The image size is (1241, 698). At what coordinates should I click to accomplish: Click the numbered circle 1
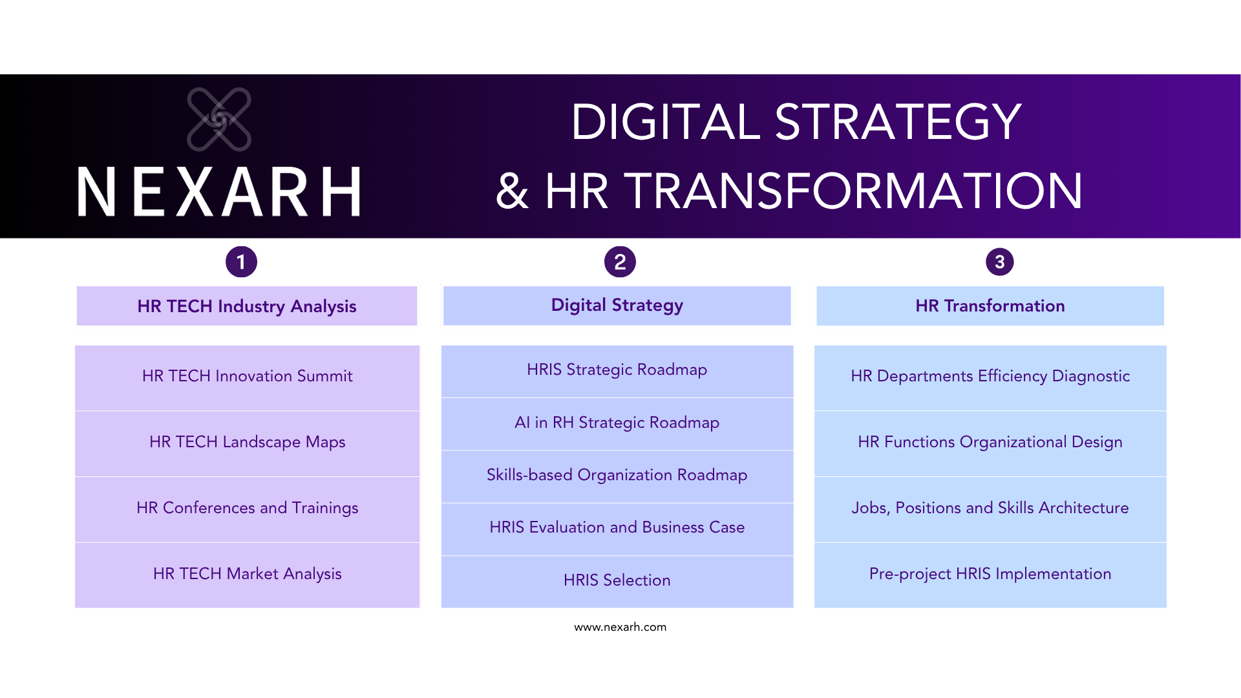(x=241, y=262)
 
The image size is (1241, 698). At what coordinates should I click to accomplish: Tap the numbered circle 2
(x=620, y=262)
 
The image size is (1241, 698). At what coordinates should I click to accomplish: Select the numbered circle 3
(x=999, y=262)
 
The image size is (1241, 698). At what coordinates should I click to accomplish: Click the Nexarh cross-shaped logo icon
(x=219, y=120)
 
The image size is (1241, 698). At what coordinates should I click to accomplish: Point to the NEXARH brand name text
(x=219, y=191)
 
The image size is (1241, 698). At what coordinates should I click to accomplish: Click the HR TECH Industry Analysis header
(x=247, y=306)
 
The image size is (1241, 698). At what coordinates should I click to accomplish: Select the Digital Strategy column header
(x=617, y=305)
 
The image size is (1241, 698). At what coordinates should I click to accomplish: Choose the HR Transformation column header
(x=990, y=306)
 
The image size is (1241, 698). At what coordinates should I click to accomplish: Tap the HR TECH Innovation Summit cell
(x=247, y=376)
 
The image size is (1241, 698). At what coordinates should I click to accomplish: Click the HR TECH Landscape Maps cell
(x=247, y=442)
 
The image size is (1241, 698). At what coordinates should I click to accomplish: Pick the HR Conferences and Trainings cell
(x=247, y=508)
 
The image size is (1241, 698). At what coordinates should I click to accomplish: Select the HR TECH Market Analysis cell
(x=247, y=574)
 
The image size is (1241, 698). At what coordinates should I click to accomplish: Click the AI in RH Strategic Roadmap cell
(x=617, y=423)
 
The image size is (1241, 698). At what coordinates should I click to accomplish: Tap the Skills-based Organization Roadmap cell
(x=617, y=475)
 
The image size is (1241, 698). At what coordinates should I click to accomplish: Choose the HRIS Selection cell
(x=617, y=580)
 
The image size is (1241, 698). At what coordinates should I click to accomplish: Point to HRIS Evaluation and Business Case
(x=617, y=527)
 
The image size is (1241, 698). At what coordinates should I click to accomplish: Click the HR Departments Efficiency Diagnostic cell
(x=990, y=376)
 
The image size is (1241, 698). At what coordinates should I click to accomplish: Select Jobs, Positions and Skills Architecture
(x=990, y=508)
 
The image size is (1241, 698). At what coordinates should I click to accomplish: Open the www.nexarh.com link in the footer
(x=620, y=627)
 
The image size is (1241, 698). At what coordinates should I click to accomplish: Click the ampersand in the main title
(x=512, y=191)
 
